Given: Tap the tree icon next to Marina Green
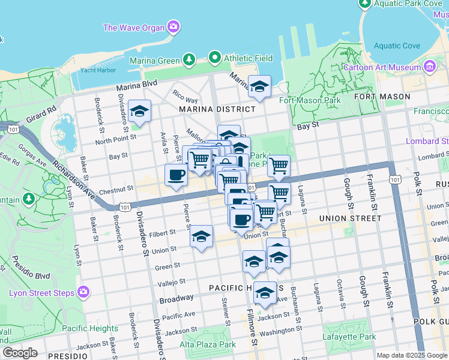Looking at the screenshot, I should (189, 59).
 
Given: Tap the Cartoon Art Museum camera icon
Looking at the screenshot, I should (430, 67).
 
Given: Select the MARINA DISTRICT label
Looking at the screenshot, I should (217, 109).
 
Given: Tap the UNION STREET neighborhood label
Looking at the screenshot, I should (350, 218).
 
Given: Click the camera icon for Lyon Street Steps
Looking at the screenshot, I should (83, 292).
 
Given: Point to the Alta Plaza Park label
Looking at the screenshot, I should (208, 344).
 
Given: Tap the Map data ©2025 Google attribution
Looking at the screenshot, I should (412, 355).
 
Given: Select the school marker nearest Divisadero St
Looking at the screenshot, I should (139, 111).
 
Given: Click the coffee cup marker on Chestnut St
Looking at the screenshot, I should (176, 175).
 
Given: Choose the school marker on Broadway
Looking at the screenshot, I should (265, 293).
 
